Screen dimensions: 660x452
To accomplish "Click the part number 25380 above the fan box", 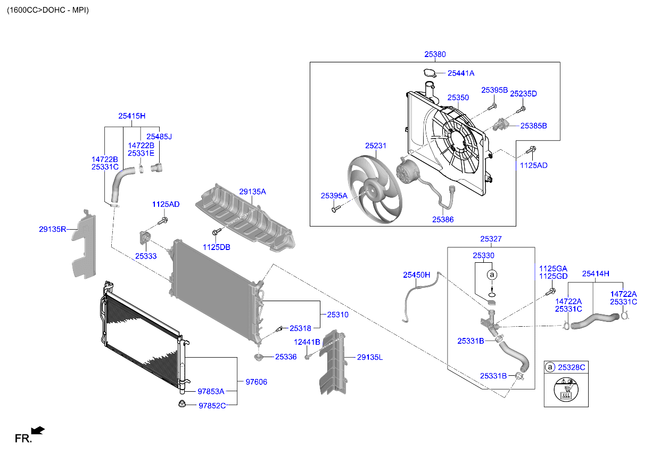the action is [x=435, y=54].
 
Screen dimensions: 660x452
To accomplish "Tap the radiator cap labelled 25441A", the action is [x=430, y=73].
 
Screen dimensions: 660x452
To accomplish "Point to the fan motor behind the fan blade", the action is [x=407, y=171].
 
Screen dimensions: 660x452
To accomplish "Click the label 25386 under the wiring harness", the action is [x=443, y=220].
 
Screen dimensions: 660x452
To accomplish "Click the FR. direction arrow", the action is [x=38, y=431].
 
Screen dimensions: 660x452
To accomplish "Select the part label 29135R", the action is [x=53, y=229].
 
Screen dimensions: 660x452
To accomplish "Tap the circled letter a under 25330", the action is [x=492, y=275].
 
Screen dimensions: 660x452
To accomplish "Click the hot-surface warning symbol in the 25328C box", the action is [x=566, y=390].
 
